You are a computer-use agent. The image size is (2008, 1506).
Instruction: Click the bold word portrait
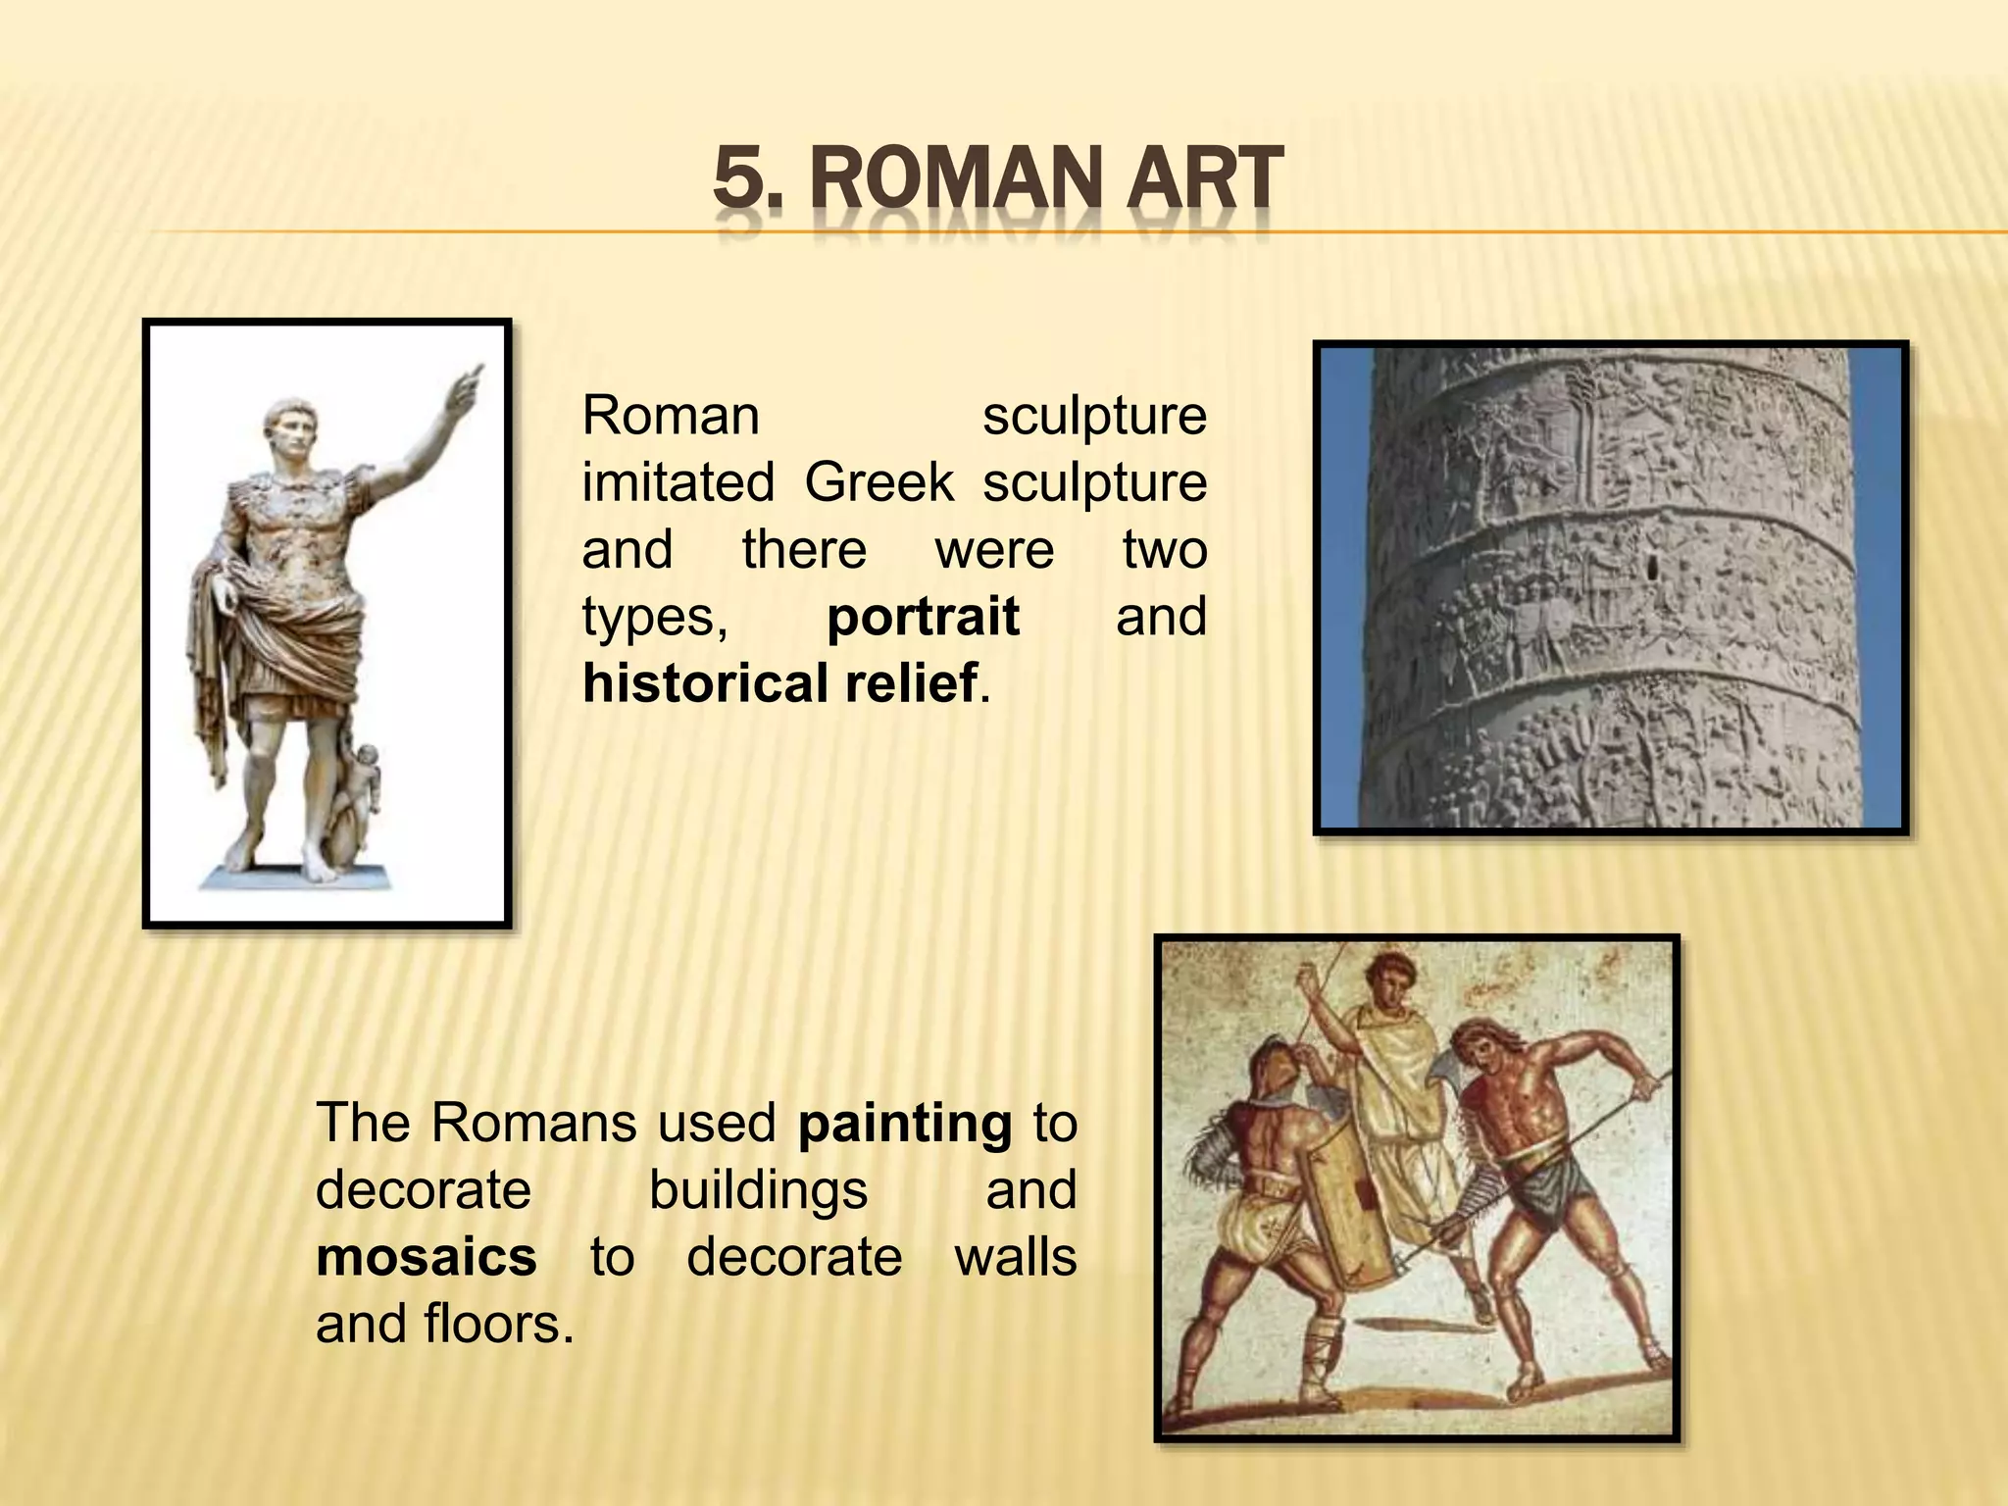[923, 618]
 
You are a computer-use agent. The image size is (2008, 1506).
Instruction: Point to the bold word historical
[704, 683]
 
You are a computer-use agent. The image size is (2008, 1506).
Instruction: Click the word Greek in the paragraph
[878, 482]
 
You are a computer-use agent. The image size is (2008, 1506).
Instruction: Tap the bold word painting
[904, 1124]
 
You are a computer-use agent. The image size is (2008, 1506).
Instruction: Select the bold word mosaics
[427, 1257]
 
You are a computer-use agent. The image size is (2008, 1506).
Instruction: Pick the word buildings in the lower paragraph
[758, 1190]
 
